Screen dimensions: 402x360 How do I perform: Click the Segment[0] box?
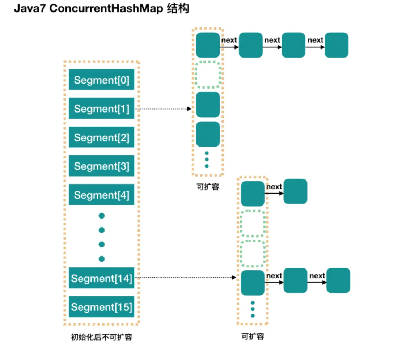[102, 80]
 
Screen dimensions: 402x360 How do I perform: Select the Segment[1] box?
[102, 108]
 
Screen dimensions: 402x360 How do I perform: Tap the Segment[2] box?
[102, 137]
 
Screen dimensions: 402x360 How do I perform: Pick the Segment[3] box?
[102, 166]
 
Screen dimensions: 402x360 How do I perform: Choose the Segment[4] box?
[102, 194]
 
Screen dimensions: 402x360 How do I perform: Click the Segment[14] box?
[102, 278]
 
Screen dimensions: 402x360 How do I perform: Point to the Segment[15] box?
[102, 307]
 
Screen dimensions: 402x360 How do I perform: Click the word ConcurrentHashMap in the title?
[106, 8]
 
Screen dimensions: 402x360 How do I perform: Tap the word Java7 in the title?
[30, 8]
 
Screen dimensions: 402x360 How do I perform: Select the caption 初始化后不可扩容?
[102, 337]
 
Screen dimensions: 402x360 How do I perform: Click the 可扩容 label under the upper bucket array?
[208, 186]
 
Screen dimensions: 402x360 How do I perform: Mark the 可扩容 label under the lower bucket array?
[253, 336]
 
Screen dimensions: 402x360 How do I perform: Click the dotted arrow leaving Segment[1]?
[163, 109]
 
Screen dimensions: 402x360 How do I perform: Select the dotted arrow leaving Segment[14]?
[185, 277]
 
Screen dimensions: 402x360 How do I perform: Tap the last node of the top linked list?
[337, 45]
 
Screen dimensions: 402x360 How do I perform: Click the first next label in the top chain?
[229, 40]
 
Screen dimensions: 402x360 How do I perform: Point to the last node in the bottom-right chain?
[338, 280]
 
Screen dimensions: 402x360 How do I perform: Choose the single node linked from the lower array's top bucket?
[295, 191]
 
